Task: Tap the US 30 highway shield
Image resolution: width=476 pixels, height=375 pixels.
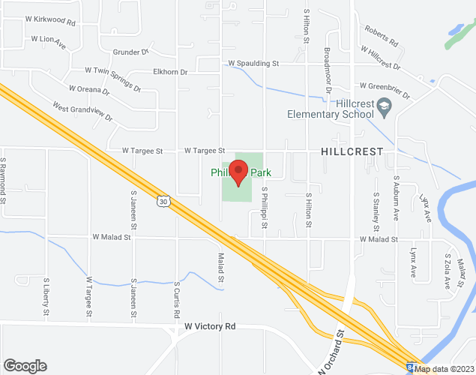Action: click(x=163, y=201)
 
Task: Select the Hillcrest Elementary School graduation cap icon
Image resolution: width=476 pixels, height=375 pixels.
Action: click(x=385, y=106)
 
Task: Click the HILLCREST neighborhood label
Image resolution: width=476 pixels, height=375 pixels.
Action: click(x=352, y=151)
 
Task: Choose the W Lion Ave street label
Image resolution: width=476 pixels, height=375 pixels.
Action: click(x=49, y=41)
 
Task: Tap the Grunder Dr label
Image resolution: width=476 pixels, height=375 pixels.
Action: click(x=132, y=52)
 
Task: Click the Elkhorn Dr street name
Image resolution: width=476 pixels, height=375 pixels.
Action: click(x=169, y=72)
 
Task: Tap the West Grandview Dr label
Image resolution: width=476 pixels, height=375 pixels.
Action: click(x=82, y=113)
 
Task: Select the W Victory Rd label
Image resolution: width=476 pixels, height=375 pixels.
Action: click(x=210, y=327)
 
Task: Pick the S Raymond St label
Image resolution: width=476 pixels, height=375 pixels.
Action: click(x=4, y=180)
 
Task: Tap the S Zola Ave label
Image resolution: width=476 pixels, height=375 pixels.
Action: click(x=448, y=271)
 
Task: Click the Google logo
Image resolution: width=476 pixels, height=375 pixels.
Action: click(x=24, y=366)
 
